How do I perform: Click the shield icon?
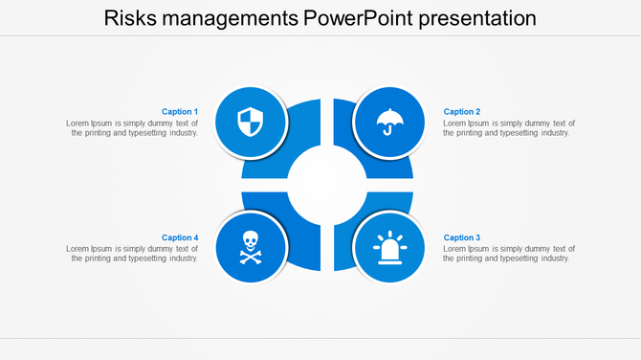click(x=251, y=123)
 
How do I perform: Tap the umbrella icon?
click(x=388, y=123)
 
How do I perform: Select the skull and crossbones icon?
click(x=251, y=247)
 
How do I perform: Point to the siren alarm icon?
click(x=388, y=248)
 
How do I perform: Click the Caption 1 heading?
click(x=180, y=112)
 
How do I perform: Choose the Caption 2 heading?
click(x=462, y=112)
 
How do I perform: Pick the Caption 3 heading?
click(x=462, y=237)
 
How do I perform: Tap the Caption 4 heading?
click(x=180, y=237)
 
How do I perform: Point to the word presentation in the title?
click(x=471, y=19)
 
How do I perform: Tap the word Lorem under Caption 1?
click(x=77, y=124)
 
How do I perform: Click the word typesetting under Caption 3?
click(x=516, y=259)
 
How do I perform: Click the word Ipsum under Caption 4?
click(x=103, y=249)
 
